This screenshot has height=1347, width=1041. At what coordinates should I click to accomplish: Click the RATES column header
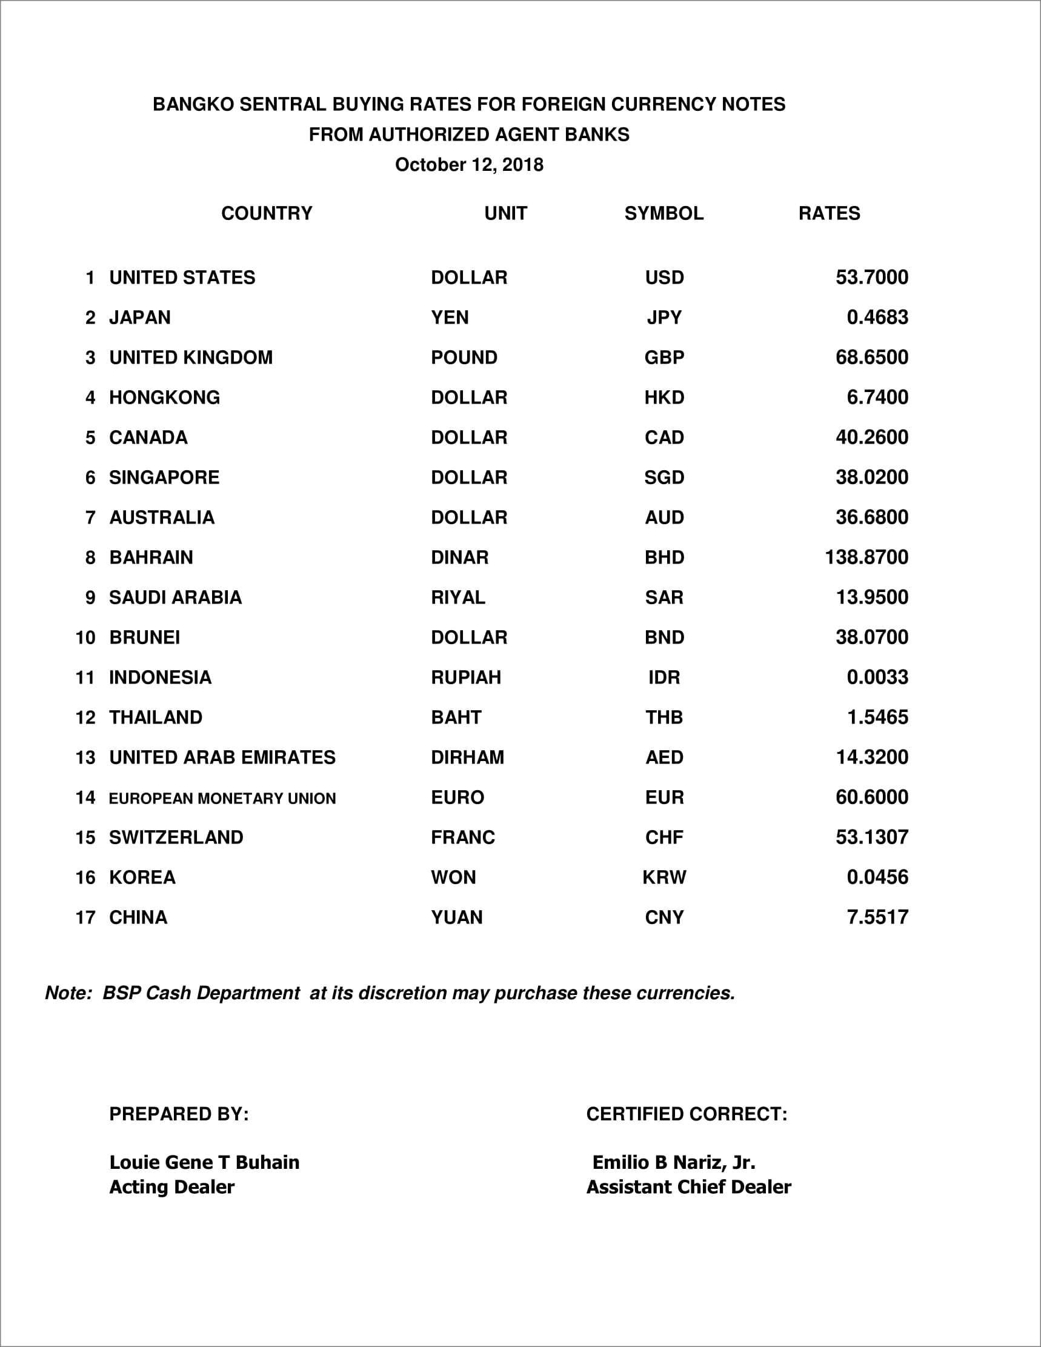click(x=829, y=213)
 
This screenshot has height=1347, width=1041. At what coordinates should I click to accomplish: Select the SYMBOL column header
click(x=664, y=213)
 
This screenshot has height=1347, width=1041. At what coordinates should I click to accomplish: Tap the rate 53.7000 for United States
click(x=871, y=278)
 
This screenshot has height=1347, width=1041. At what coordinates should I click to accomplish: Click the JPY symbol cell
click(x=664, y=318)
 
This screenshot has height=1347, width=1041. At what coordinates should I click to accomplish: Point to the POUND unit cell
click(x=464, y=358)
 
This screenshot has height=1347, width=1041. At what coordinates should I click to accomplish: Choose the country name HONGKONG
click(x=164, y=398)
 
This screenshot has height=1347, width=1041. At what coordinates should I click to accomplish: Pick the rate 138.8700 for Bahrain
click(x=866, y=557)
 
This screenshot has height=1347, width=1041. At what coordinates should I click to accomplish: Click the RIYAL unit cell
click(x=457, y=597)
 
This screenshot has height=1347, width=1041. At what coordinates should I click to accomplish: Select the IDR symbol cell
click(x=664, y=678)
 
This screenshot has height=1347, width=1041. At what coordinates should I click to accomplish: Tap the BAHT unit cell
click(x=456, y=717)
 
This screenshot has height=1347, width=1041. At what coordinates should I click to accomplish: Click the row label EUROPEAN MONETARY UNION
click(x=222, y=799)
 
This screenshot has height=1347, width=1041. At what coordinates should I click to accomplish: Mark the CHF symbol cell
click(x=664, y=837)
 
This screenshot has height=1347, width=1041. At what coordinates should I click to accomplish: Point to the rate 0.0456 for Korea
click(x=877, y=877)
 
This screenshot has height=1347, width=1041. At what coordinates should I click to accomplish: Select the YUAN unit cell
click(x=456, y=918)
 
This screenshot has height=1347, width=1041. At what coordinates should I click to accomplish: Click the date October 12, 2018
click(x=469, y=165)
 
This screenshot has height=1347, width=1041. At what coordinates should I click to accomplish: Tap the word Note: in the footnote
click(x=68, y=994)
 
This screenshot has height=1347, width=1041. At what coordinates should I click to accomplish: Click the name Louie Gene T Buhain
click(x=204, y=1163)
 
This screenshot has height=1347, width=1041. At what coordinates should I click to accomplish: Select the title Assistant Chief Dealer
click(x=688, y=1187)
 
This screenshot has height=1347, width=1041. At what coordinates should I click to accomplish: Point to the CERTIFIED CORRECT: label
click(x=687, y=1114)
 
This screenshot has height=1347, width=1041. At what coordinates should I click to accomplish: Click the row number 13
click(x=85, y=758)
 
